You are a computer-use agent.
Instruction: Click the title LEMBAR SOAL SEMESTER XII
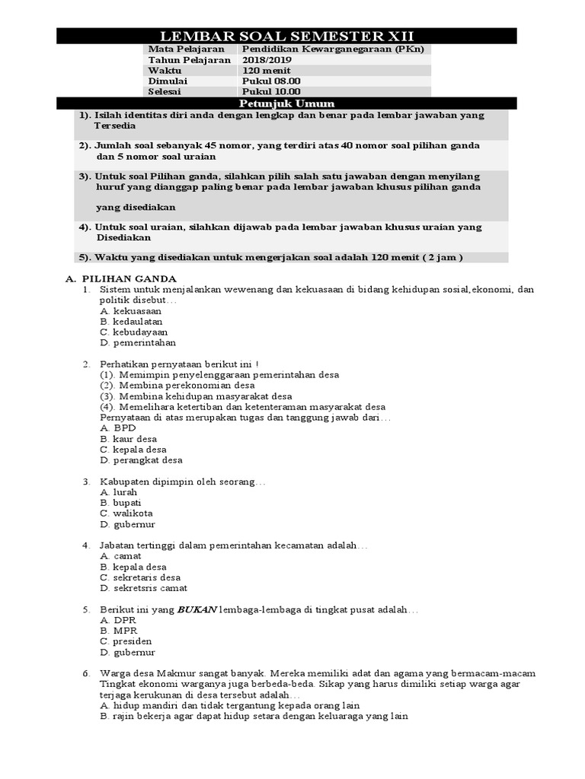click(x=287, y=37)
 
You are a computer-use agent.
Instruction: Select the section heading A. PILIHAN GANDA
click(x=124, y=279)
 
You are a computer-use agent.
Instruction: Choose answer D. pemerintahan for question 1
click(x=138, y=343)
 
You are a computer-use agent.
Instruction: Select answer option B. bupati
click(x=121, y=503)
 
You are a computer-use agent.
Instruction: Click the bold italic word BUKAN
click(x=197, y=610)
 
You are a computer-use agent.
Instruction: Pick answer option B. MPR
click(x=119, y=631)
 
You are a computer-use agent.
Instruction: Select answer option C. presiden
click(x=126, y=641)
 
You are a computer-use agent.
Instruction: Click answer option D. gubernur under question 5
click(x=127, y=652)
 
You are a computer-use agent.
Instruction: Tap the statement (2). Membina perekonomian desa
click(x=177, y=386)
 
